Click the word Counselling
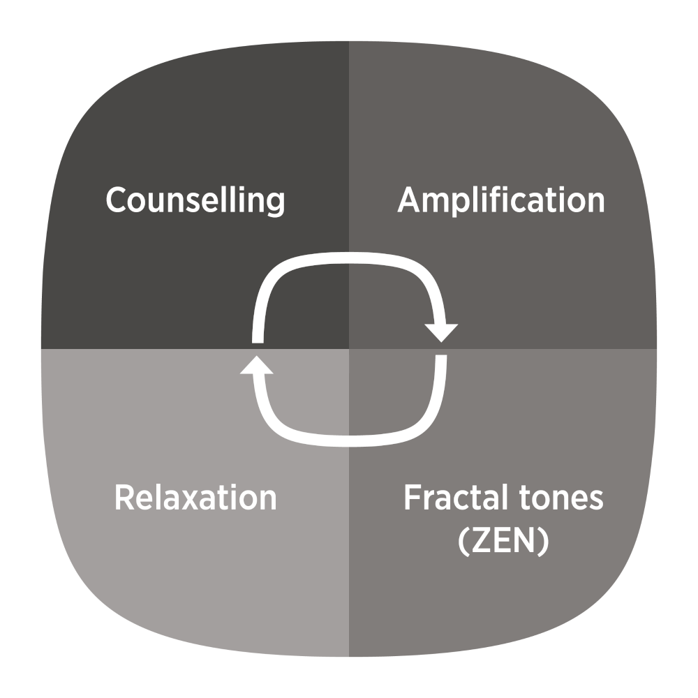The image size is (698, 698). [195, 200]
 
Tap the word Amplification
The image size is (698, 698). [501, 200]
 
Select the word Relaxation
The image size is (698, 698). [195, 498]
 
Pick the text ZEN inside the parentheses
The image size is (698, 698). [503, 542]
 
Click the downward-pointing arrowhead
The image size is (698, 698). [441, 332]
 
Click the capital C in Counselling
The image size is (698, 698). [117, 200]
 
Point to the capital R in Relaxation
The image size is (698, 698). [125, 498]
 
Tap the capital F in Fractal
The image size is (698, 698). [413, 498]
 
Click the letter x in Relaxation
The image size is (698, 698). [204, 500]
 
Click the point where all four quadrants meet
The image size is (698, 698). [349, 348]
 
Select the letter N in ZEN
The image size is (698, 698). [525, 542]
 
